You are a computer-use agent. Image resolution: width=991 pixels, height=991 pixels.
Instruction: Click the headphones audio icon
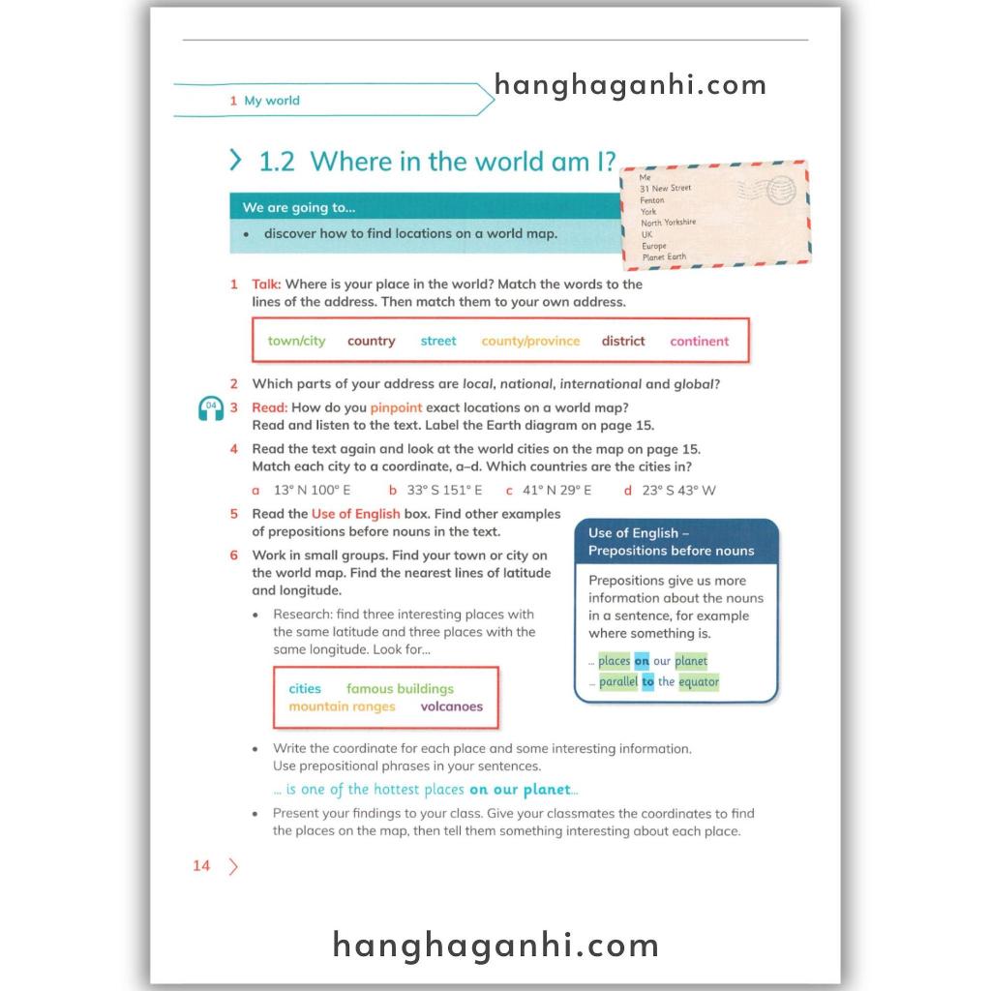[x=210, y=409]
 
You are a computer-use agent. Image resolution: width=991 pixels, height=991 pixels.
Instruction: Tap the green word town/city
[x=297, y=341]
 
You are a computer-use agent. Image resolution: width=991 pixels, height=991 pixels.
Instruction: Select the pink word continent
[x=699, y=341]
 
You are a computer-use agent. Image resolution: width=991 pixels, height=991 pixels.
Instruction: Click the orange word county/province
[x=530, y=341]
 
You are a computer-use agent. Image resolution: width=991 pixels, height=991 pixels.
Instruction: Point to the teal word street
[x=438, y=341]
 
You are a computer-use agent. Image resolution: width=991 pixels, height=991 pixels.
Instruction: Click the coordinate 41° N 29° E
[x=556, y=491]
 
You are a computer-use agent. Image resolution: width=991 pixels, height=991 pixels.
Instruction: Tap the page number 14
[x=201, y=866]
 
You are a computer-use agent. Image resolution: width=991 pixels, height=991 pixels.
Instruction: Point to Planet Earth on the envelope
[x=663, y=257]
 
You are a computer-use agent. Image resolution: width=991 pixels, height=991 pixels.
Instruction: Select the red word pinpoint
[x=396, y=408]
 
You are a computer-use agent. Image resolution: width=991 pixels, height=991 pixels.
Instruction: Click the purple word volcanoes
[x=451, y=706]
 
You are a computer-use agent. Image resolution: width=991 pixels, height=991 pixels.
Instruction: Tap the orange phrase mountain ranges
[x=342, y=706]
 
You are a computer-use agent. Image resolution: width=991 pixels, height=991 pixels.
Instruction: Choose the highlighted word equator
[x=698, y=682]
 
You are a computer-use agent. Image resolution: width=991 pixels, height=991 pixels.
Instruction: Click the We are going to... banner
[x=426, y=207]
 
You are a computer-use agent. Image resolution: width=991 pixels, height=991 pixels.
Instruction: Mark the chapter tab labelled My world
[x=272, y=101]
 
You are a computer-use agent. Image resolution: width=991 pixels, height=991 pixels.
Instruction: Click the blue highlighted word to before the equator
[x=647, y=682]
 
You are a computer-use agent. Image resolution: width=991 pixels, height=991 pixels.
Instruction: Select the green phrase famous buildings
[x=400, y=689]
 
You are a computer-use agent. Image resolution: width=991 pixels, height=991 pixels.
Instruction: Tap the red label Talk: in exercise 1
[x=266, y=285]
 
